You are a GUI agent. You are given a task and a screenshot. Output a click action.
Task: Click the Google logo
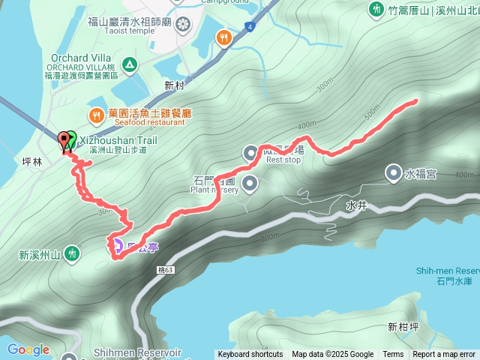click(28, 349)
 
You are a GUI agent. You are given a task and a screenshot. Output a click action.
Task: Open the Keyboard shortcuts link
click(250, 355)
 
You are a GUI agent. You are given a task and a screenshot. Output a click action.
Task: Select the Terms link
click(393, 355)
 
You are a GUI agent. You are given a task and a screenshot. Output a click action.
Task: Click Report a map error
click(444, 355)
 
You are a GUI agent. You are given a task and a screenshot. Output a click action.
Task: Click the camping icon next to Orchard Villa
click(130, 65)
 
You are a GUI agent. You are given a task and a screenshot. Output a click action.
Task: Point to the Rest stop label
click(283, 160)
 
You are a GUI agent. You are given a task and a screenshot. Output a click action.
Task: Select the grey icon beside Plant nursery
click(250, 182)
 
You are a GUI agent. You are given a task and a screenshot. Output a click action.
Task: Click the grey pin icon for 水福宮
click(393, 174)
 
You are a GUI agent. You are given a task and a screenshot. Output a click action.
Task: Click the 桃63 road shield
click(165, 269)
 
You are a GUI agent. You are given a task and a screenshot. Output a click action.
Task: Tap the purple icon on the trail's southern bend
click(117, 244)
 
